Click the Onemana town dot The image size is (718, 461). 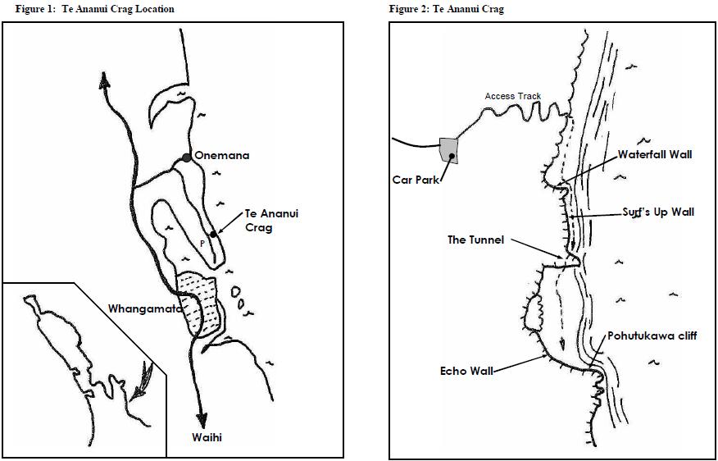tap(186, 157)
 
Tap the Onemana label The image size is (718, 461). tap(222, 156)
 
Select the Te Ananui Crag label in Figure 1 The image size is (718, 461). tap(272, 221)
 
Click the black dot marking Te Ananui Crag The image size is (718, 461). tap(213, 235)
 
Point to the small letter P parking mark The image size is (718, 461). tap(202, 244)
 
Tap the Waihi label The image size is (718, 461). tap(207, 438)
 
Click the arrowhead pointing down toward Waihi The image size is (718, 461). tap(202, 420)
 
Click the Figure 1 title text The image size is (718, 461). tap(95, 9)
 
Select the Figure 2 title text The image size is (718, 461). tap(447, 9)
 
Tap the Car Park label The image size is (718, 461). tap(416, 180)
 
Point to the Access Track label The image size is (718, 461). tap(513, 96)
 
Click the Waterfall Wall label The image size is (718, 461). tap(655, 154)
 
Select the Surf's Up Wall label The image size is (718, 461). tap(658, 212)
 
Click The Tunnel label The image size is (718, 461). tap(476, 240)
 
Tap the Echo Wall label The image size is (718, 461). tap(466, 372)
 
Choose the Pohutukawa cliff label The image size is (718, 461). tap(652, 335)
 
